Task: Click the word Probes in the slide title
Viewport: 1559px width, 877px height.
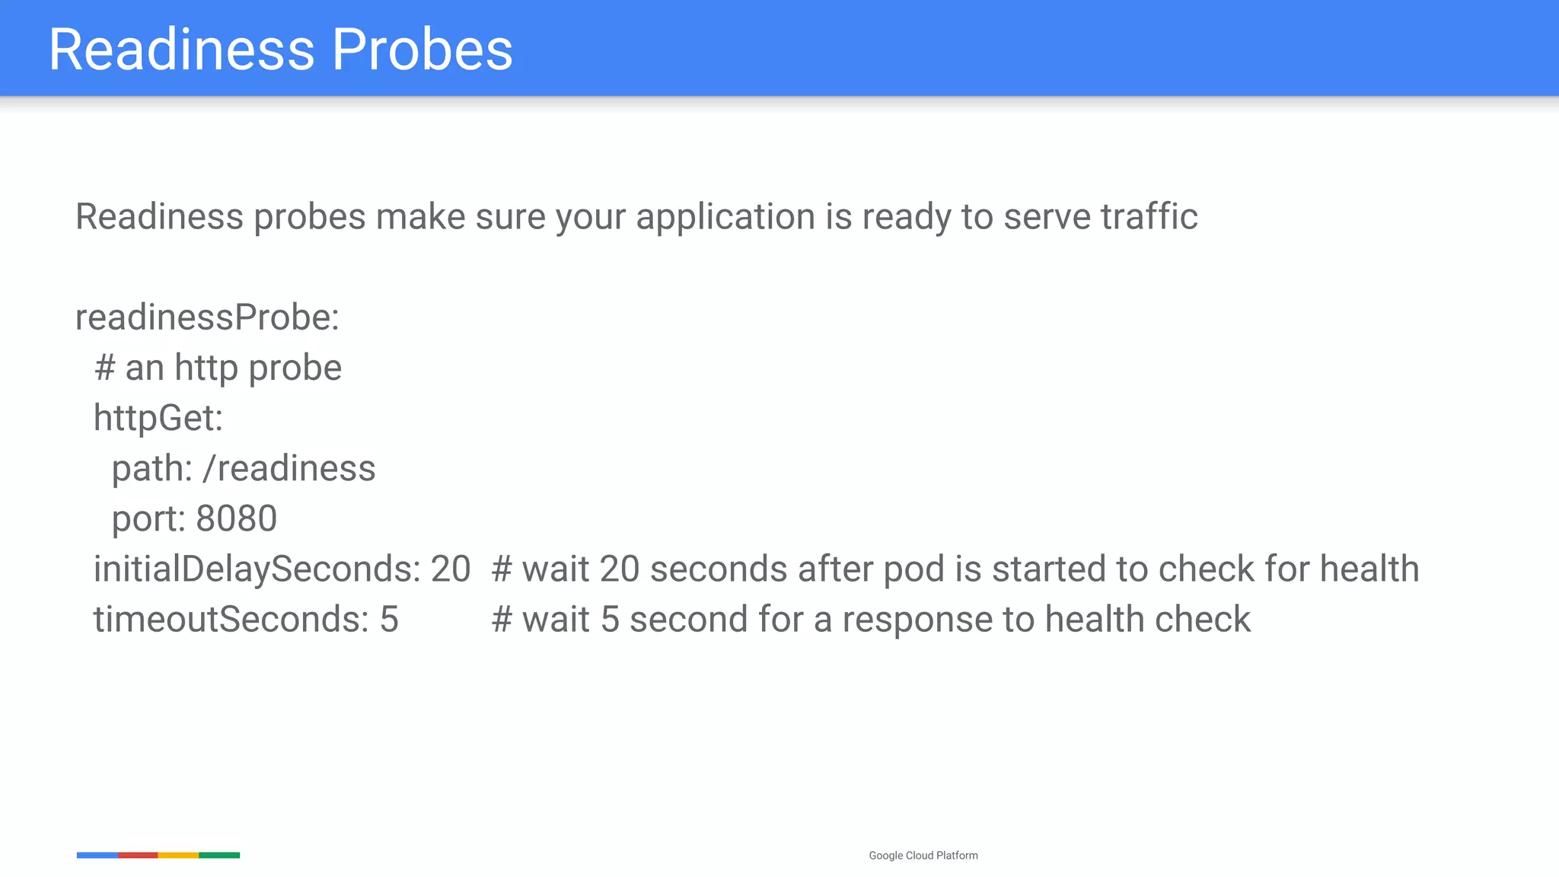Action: tap(422, 50)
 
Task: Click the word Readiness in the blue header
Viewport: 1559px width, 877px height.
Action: tap(181, 50)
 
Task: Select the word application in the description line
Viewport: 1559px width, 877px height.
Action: tap(726, 218)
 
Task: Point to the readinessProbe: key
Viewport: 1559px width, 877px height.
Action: tap(207, 317)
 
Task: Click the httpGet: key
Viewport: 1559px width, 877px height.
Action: tap(158, 418)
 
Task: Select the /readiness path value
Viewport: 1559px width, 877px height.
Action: tap(289, 468)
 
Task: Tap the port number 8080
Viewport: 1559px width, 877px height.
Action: tap(236, 518)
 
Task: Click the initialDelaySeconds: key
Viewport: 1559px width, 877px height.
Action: tap(257, 569)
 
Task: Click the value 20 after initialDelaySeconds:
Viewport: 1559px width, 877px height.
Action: tap(451, 569)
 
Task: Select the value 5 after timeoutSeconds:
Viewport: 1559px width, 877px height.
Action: tap(389, 619)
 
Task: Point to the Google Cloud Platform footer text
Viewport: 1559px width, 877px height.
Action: tap(923, 856)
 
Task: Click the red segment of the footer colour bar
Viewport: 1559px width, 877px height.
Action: tap(138, 855)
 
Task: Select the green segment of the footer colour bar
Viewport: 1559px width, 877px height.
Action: tap(219, 855)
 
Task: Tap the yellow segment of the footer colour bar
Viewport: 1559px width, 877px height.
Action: tap(178, 855)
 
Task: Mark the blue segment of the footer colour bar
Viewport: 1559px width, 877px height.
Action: tap(97, 855)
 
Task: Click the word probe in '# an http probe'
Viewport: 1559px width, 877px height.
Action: tap(295, 368)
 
